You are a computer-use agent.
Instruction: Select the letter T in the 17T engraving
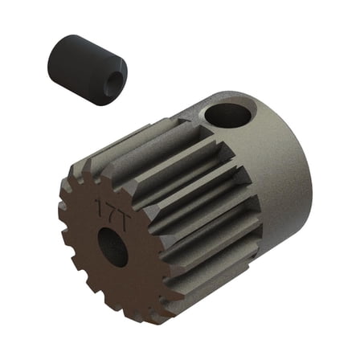(116, 204)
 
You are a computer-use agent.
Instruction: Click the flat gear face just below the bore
(117, 285)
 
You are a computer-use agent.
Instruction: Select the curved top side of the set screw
(88, 44)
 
